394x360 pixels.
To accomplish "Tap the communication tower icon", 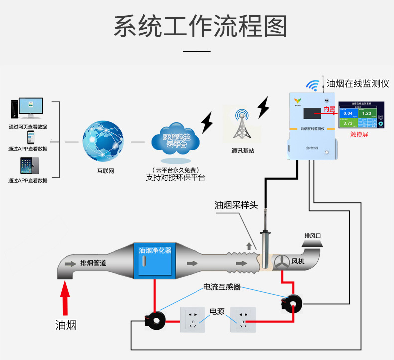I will coord(242,123).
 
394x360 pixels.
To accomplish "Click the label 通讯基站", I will coord(242,150).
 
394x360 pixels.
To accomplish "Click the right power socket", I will coord(243,319).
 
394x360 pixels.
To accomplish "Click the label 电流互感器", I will coord(222,287).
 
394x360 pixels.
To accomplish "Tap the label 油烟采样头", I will coord(236,205).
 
